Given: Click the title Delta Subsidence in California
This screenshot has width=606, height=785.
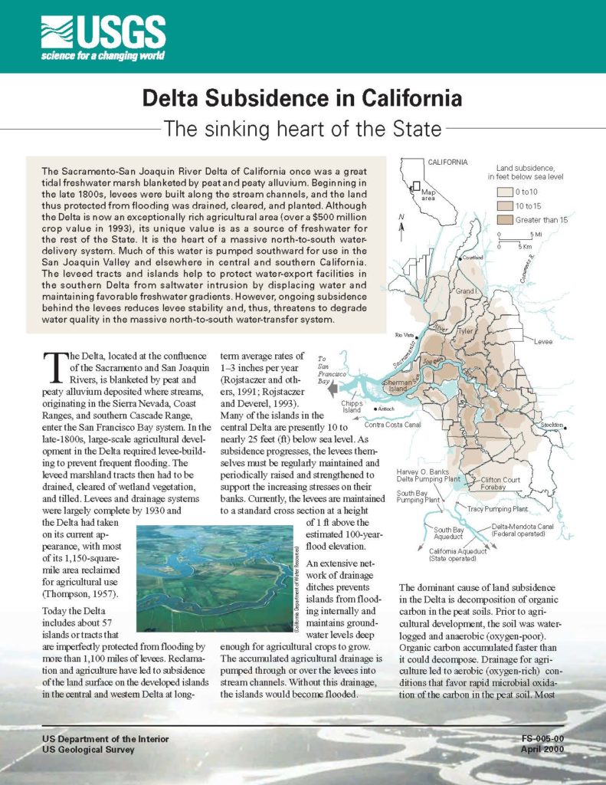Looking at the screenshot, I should [x=303, y=99].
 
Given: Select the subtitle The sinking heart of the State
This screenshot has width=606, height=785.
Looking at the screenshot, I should [x=303, y=127].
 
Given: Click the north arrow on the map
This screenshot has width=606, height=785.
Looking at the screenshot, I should [x=401, y=224].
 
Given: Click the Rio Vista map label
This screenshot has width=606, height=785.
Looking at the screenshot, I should [x=403, y=336].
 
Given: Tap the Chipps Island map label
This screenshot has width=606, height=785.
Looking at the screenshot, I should [x=352, y=406].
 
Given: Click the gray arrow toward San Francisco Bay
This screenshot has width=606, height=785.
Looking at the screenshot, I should [x=331, y=389].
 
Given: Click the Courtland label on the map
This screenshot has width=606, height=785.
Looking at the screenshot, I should [x=473, y=258].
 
